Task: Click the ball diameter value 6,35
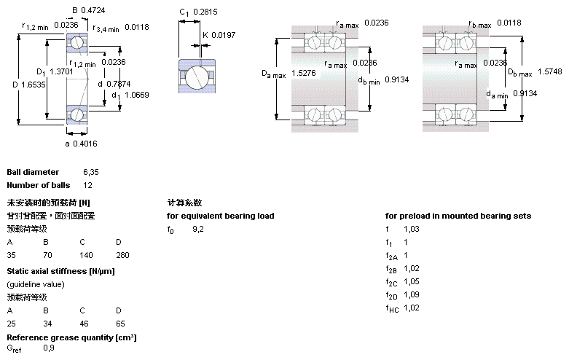(90, 172)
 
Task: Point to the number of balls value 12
(87, 185)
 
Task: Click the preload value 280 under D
(122, 256)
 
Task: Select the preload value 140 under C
(87, 256)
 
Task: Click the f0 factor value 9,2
(198, 230)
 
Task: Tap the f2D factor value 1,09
(412, 294)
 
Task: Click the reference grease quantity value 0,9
(49, 348)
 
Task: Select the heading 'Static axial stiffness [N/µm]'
(60, 271)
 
